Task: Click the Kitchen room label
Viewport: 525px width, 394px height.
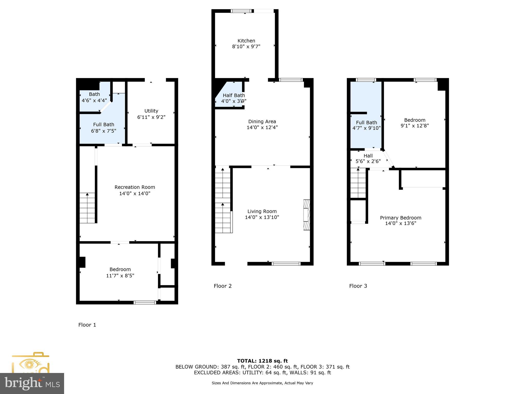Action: click(x=246, y=41)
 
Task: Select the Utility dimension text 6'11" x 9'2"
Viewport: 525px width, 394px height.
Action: click(x=151, y=117)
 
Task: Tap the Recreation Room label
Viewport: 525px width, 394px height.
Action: click(x=135, y=187)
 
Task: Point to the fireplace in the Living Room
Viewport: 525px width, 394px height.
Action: click(x=307, y=215)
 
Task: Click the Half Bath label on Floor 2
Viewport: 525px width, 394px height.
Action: click(x=234, y=95)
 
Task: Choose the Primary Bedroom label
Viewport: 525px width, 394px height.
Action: click(x=400, y=218)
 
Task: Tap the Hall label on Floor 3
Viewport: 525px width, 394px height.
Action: click(x=368, y=156)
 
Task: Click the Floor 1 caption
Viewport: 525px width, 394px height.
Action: click(x=87, y=325)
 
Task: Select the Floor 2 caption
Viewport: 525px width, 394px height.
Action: click(x=223, y=286)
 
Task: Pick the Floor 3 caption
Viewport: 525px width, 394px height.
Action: click(x=358, y=286)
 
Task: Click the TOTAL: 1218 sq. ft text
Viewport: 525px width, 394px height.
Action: click(x=262, y=361)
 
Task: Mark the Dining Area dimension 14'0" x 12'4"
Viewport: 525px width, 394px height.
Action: click(x=262, y=127)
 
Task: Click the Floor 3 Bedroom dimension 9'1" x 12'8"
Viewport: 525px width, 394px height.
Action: click(x=415, y=126)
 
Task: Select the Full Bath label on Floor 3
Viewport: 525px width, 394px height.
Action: click(x=366, y=122)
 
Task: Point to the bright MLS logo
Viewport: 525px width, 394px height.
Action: click(x=32, y=383)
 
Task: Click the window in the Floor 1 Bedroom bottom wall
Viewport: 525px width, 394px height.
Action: click(x=145, y=302)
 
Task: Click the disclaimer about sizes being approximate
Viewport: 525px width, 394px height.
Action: click(x=262, y=383)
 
